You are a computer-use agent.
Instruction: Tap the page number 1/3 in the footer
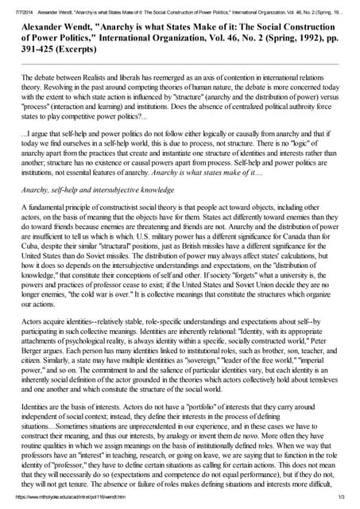click(340, 497)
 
